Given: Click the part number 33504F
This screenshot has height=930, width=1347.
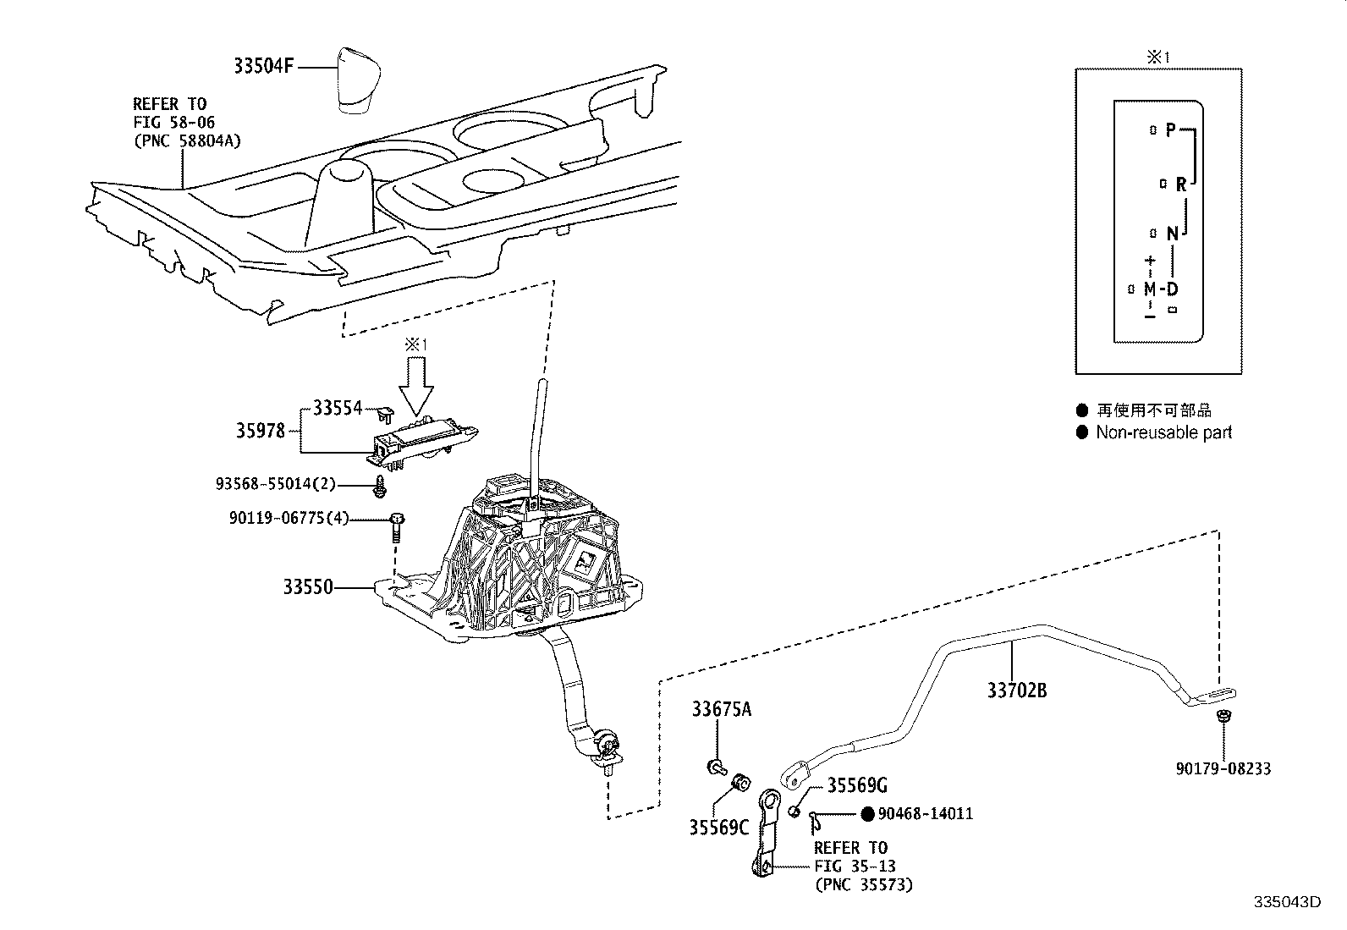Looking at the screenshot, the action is (263, 65).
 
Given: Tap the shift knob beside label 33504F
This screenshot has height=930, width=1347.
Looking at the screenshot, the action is (360, 80).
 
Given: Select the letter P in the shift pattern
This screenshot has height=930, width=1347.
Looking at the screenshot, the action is (1170, 129).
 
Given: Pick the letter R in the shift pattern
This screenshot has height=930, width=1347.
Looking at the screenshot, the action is (1181, 184).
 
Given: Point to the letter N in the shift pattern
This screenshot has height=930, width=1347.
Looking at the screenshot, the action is (1172, 234).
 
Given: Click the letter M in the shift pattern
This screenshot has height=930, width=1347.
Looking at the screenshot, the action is (1150, 289).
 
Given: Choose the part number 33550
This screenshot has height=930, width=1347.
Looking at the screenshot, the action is (308, 586).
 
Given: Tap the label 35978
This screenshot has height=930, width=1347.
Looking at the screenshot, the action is (260, 431).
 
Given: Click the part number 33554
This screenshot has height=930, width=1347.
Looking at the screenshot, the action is (338, 408).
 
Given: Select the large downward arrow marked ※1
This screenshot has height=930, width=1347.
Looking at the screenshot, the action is (416, 386).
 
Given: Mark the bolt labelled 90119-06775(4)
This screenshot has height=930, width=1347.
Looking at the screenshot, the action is (397, 527).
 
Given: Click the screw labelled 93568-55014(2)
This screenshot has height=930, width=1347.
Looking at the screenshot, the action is (379, 486).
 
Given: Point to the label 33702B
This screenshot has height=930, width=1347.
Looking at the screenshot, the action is (1017, 690).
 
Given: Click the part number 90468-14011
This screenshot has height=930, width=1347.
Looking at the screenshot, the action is (925, 813).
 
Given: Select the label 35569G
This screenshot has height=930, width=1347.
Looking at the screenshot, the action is (857, 785).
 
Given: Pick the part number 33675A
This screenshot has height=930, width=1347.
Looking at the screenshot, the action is (722, 709).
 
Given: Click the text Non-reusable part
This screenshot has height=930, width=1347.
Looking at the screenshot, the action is (1163, 432).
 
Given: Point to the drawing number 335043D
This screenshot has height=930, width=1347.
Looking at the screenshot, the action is (1287, 902).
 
